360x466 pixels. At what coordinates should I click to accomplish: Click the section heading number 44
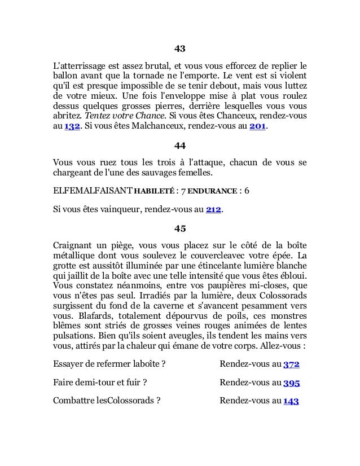point(180,146)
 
